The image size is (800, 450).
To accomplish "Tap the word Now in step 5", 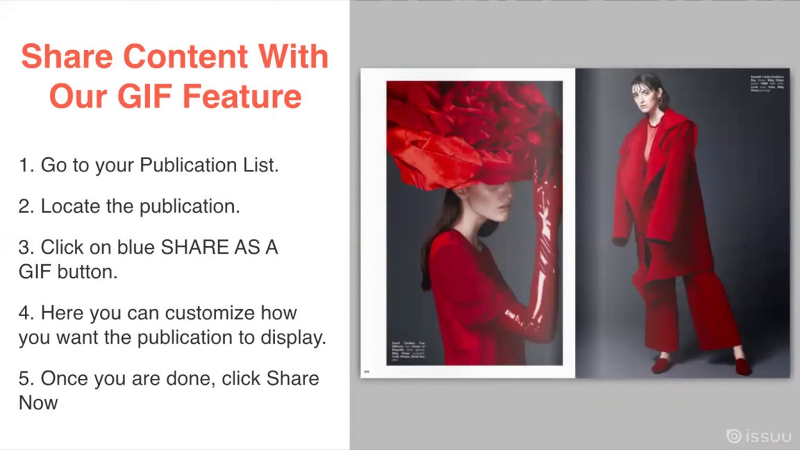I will coord(38,402).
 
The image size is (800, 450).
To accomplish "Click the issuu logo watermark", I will coord(759,436).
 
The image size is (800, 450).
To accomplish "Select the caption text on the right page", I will coord(768,84).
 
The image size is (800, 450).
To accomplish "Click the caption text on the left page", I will coord(408,352).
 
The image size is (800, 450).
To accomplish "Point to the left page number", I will coord(367,372).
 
